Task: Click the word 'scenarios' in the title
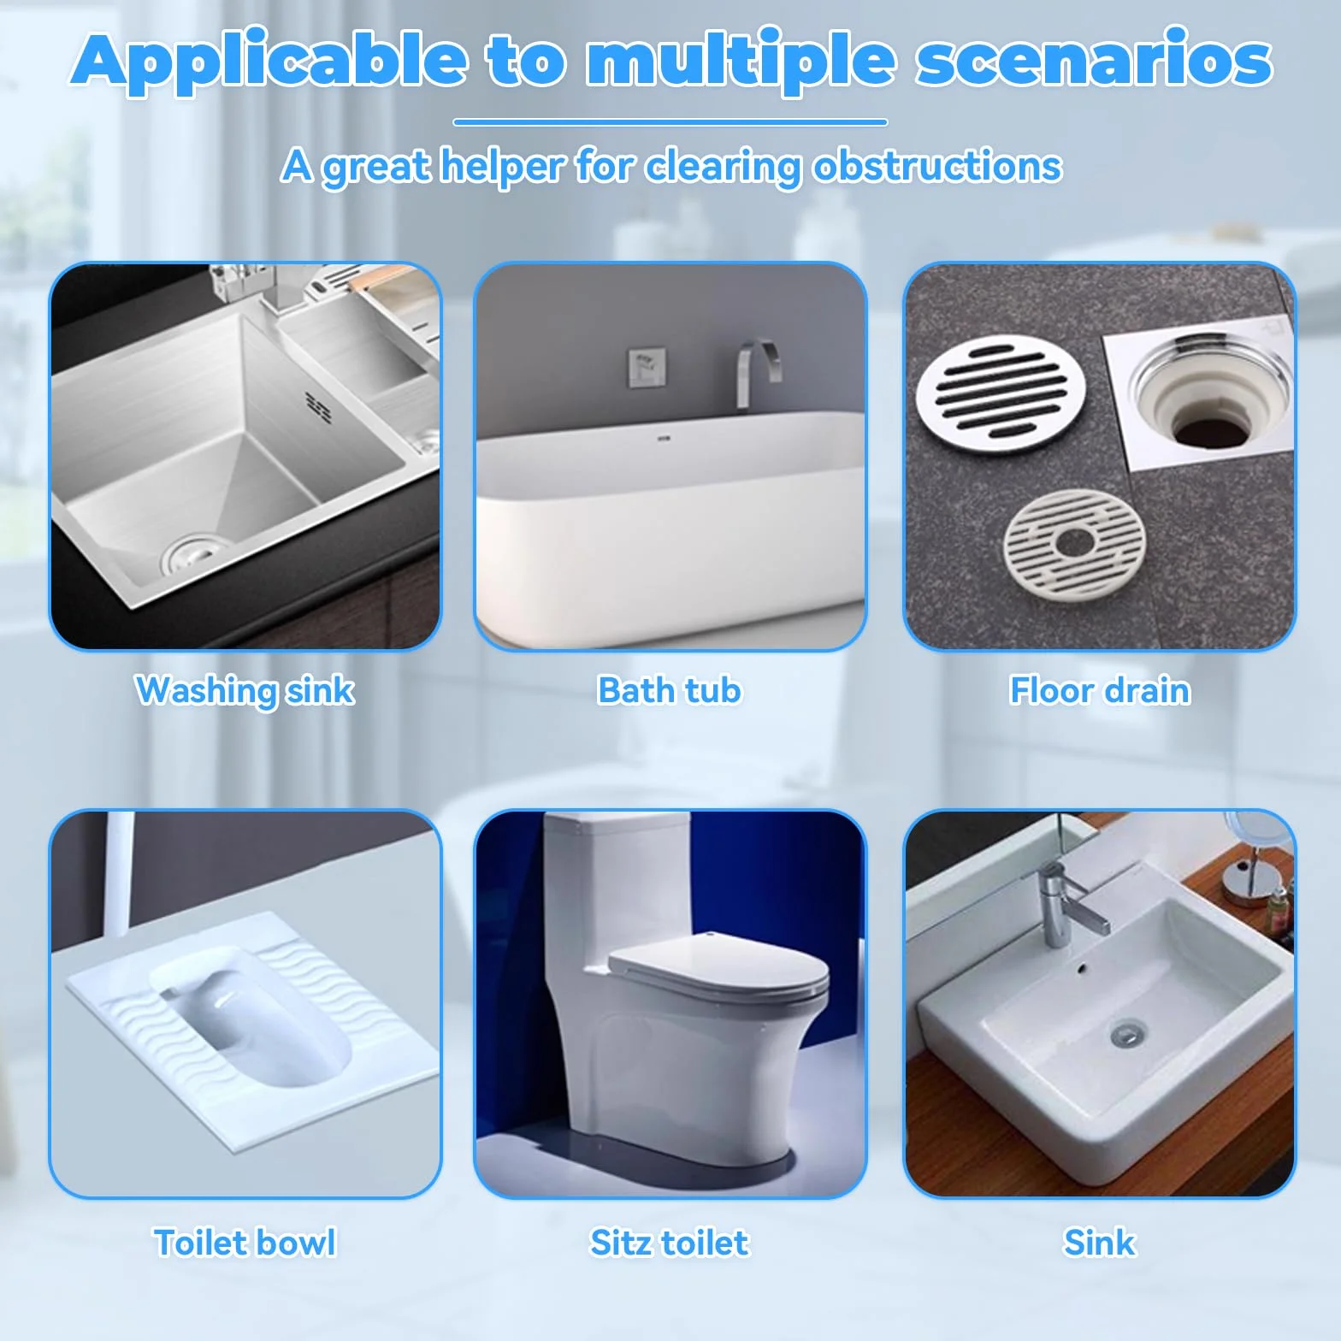pos(1094,60)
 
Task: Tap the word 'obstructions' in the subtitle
pos(937,166)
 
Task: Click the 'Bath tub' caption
pos(670,690)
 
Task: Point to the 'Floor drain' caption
pos(1100,690)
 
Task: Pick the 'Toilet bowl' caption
pos(245,1243)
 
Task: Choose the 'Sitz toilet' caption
pos(670,1243)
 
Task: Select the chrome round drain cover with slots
pos(1001,392)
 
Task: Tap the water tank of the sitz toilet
pos(617,889)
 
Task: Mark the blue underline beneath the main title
pos(670,122)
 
